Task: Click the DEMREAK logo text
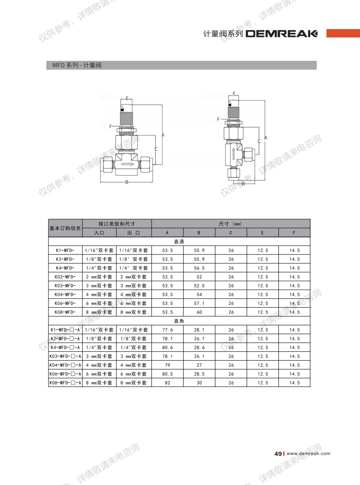281,34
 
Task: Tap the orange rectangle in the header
343,33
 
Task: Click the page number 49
277,454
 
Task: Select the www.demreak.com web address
308,453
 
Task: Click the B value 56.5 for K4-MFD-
199,268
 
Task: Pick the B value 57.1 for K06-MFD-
199,303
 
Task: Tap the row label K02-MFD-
65,277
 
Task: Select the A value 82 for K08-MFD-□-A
168,383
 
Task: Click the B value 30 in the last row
199,383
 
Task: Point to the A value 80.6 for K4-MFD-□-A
168,348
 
